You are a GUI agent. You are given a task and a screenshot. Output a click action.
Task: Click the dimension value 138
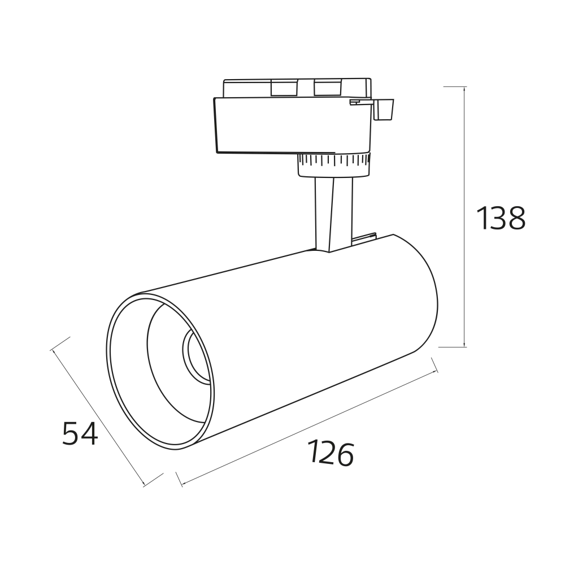(501, 218)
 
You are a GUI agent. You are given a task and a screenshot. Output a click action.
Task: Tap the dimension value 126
(331, 453)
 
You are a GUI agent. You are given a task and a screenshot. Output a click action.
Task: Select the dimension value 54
(80, 433)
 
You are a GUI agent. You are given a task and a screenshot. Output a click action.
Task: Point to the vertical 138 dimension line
(465, 217)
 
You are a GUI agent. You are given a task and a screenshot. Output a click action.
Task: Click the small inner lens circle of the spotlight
(194, 355)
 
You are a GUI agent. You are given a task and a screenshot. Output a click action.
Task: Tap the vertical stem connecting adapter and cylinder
(333, 214)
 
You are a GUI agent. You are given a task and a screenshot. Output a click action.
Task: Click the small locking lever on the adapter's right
(383, 109)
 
